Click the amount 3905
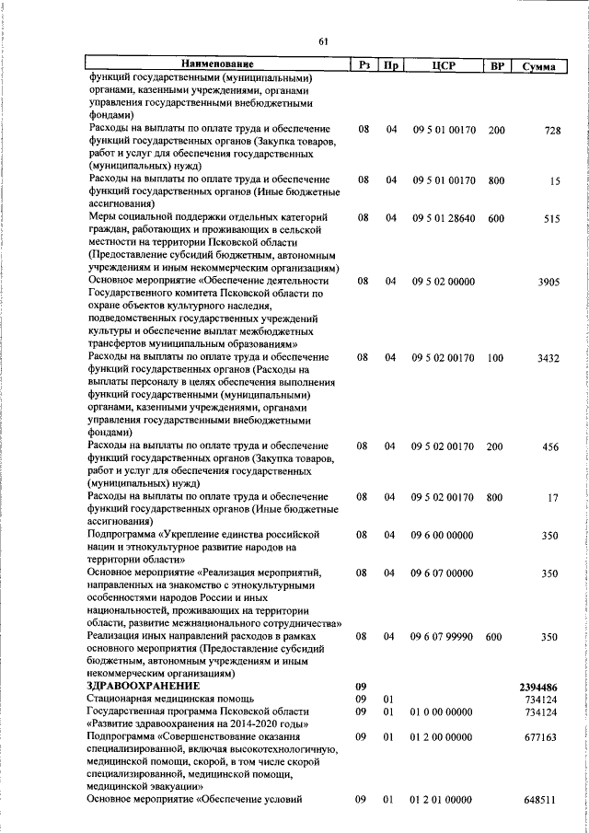pos(549,282)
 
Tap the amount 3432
pos(549,358)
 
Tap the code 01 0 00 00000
pos(442,712)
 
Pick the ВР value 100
pos(496,358)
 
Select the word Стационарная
pos(121,700)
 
